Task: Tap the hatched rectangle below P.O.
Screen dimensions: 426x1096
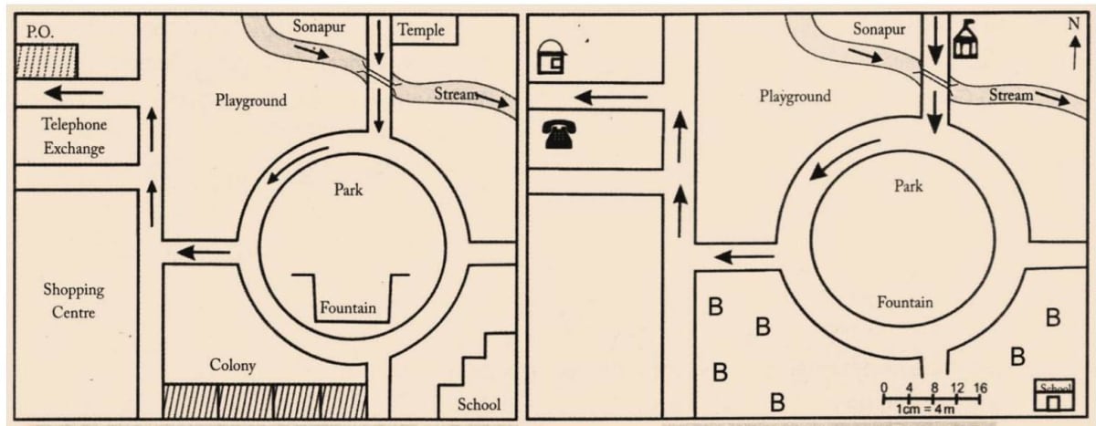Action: click(x=47, y=61)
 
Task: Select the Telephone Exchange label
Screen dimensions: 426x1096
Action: click(x=74, y=136)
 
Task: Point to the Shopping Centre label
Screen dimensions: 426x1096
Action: click(x=74, y=301)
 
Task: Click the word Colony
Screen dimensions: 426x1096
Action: click(x=233, y=366)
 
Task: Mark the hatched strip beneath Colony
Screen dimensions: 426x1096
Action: click(x=265, y=400)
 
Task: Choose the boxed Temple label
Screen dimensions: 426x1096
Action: click(x=421, y=30)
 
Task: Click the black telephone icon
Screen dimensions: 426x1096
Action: click(x=556, y=135)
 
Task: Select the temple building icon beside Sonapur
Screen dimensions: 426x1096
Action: click(x=965, y=41)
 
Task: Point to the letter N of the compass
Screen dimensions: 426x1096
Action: click(x=1073, y=25)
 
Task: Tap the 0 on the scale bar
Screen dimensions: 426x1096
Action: click(x=884, y=388)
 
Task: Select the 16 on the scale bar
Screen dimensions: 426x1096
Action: click(x=981, y=388)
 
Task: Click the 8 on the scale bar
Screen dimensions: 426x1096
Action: click(x=933, y=388)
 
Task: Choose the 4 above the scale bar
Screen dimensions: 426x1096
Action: click(x=909, y=388)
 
